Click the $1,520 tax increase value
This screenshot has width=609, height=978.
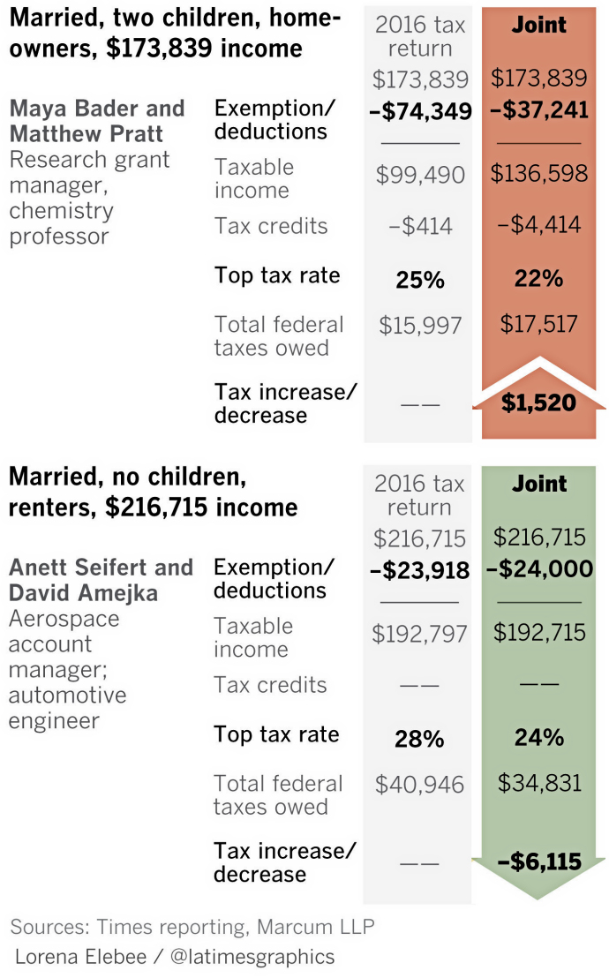coord(538,403)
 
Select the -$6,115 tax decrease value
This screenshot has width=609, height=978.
coord(538,861)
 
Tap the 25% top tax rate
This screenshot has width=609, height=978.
coord(419,280)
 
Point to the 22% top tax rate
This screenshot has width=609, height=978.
coord(538,279)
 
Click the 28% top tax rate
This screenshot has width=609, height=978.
coord(419,739)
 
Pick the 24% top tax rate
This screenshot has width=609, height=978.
coord(538,738)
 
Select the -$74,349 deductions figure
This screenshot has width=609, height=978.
coord(420,111)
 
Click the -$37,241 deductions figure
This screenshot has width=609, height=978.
coord(538,110)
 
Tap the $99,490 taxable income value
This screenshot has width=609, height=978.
coord(420,175)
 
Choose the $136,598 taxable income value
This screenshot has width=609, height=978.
coord(538,173)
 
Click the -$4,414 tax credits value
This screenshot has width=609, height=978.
coord(538,224)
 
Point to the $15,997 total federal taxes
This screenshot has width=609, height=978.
coord(420,326)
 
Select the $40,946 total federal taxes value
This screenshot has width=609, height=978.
coord(419,785)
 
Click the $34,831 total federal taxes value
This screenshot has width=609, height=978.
coord(538,782)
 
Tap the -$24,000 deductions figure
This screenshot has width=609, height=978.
coord(538,569)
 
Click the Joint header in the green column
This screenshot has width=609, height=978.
coord(539,484)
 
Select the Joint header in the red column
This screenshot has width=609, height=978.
coord(539,25)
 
